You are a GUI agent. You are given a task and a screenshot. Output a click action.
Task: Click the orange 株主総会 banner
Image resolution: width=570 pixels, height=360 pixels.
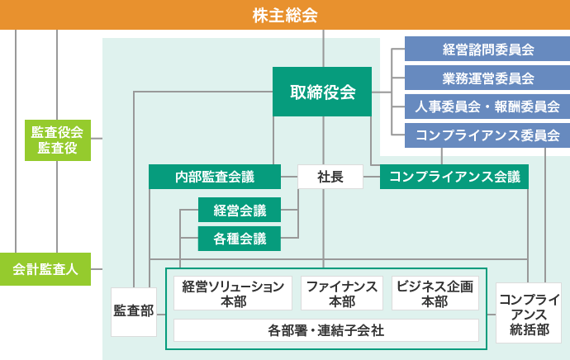(285, 15)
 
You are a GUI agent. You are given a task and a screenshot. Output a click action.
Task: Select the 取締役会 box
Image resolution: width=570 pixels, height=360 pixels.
(322, 92)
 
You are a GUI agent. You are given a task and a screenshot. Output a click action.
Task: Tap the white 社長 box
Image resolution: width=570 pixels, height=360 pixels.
(330, 177)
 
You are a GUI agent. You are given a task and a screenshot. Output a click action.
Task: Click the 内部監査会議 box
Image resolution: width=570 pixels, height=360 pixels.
(215, 177)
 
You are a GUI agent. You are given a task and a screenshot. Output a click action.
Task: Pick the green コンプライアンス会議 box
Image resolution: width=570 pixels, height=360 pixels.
(454, 177)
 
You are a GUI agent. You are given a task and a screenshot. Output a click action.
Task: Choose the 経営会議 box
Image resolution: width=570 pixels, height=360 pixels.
(240, 210)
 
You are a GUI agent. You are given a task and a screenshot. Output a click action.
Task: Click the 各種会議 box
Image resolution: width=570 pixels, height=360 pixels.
(240, 239)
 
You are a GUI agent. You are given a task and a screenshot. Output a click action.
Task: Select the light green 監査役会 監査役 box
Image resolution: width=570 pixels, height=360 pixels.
(58, 140)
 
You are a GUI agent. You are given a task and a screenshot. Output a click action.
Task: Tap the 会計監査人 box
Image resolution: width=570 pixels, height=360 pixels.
(45, 269)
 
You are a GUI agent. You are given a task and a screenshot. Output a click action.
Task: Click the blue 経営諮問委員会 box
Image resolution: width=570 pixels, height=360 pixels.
(487, 49)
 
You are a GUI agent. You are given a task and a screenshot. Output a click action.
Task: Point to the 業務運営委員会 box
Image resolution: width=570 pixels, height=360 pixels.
(487, 78)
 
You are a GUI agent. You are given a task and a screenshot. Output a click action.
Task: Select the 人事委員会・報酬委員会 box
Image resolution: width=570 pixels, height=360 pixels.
(487, 107)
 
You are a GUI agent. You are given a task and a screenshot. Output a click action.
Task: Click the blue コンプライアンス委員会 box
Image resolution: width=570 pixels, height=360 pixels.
(487, 135)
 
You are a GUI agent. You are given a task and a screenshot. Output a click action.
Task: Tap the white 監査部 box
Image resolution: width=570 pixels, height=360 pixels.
(134, 311)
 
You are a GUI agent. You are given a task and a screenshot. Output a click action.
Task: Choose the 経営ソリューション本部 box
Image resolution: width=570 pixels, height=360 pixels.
(233, 293)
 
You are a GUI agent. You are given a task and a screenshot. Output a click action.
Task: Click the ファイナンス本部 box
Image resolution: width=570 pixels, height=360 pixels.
(342, 293)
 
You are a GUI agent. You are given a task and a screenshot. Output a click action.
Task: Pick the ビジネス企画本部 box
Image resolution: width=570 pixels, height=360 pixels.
(435, 293)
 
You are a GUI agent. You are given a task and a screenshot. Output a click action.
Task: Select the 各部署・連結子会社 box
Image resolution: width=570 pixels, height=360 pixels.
(326, 330)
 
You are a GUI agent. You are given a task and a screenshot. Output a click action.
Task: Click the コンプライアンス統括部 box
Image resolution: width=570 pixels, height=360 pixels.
(529, 313)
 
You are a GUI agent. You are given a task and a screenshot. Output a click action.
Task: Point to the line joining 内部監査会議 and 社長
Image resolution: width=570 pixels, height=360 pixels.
(289, 177)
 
